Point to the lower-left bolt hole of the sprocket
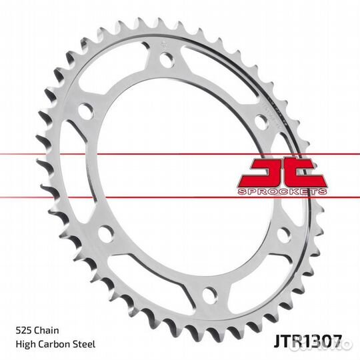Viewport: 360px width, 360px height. tap(105, 234)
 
